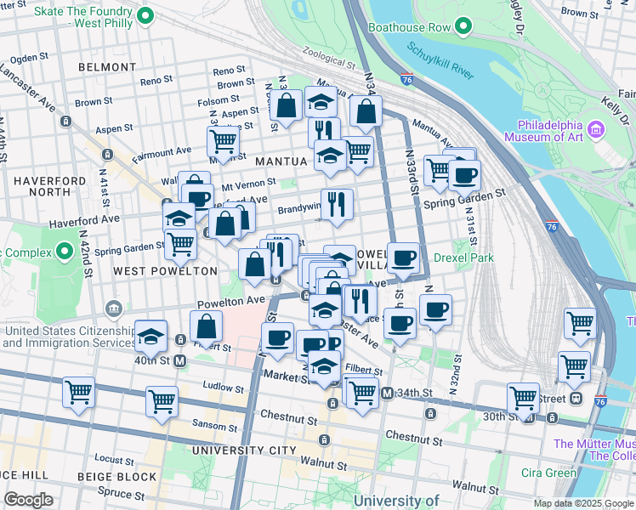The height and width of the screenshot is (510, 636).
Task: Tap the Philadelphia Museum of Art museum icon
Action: click(x=596, y=130)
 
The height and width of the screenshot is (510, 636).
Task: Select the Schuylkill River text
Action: click(x=440, y=61)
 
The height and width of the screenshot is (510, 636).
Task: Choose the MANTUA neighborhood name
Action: click(x=275, y=160)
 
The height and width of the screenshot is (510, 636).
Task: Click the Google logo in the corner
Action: click(x=28, y=500)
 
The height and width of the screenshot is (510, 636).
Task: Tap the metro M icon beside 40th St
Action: click(x=180, y=360)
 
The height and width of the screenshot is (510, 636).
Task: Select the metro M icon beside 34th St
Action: click(x=387, y=393)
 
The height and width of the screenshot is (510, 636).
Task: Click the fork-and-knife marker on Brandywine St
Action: click(x=337, y=204)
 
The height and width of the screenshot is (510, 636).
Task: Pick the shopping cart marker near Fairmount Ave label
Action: click(x=223, y=140)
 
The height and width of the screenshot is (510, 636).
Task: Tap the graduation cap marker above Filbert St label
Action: click(x=150, y=337)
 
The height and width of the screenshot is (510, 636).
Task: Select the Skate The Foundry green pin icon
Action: click(x=145, y=14)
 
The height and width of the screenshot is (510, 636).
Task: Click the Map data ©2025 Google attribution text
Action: click(x=582, y=503)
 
